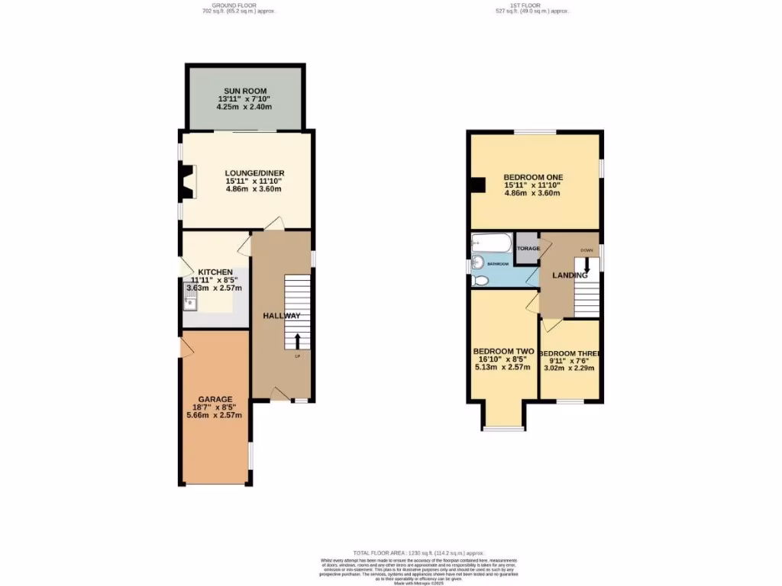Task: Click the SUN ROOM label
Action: pyautogui.click(x=245, y=91)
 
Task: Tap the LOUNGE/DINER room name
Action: pyautogui.click(x=254, y=173)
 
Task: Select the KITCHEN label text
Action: pyautogui.click(x=215, y=272)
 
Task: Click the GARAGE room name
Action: pyautogui.click(x=215, y=398)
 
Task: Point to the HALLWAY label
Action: pyautogui.click(x=282, y=316)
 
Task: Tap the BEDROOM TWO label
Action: pyautogui.click(x=502, y=352)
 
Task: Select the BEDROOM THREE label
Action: pyautogui.click(x=569, y=353)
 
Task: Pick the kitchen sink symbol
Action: pyautogui.click(x=191, y=297)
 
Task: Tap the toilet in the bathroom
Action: pyautogui.click(x=480, y=280)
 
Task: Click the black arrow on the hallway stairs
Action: pyautogui.click(x=298, y=340)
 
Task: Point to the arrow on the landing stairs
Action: pyautogui.click(x=586, y=264)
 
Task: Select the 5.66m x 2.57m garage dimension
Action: pyautogui.click(x=215, y=416)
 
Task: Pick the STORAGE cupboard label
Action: pyautogui.click(x=528, y=249)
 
